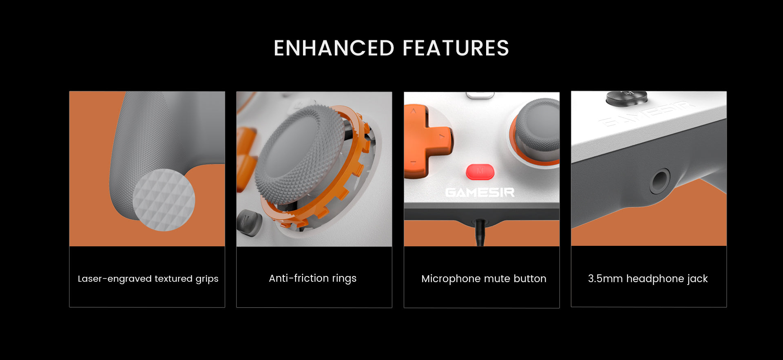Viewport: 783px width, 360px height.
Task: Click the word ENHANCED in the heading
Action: [x=334, y=48]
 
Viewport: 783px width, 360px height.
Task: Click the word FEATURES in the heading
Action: [x=456, y=48]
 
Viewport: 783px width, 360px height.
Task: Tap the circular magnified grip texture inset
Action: [x=164, y=200]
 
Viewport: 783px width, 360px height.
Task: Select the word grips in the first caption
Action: [x=207, y=279]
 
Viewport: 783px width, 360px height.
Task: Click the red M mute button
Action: [x=480, y=172]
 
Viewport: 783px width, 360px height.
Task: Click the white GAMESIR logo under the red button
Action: [x=480, y=192]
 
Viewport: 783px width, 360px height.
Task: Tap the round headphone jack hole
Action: [x=659, y=181]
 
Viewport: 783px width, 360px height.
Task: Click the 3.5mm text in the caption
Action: [x=605, y=278]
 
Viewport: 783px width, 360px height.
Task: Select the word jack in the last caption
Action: [x=698, y=279]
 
